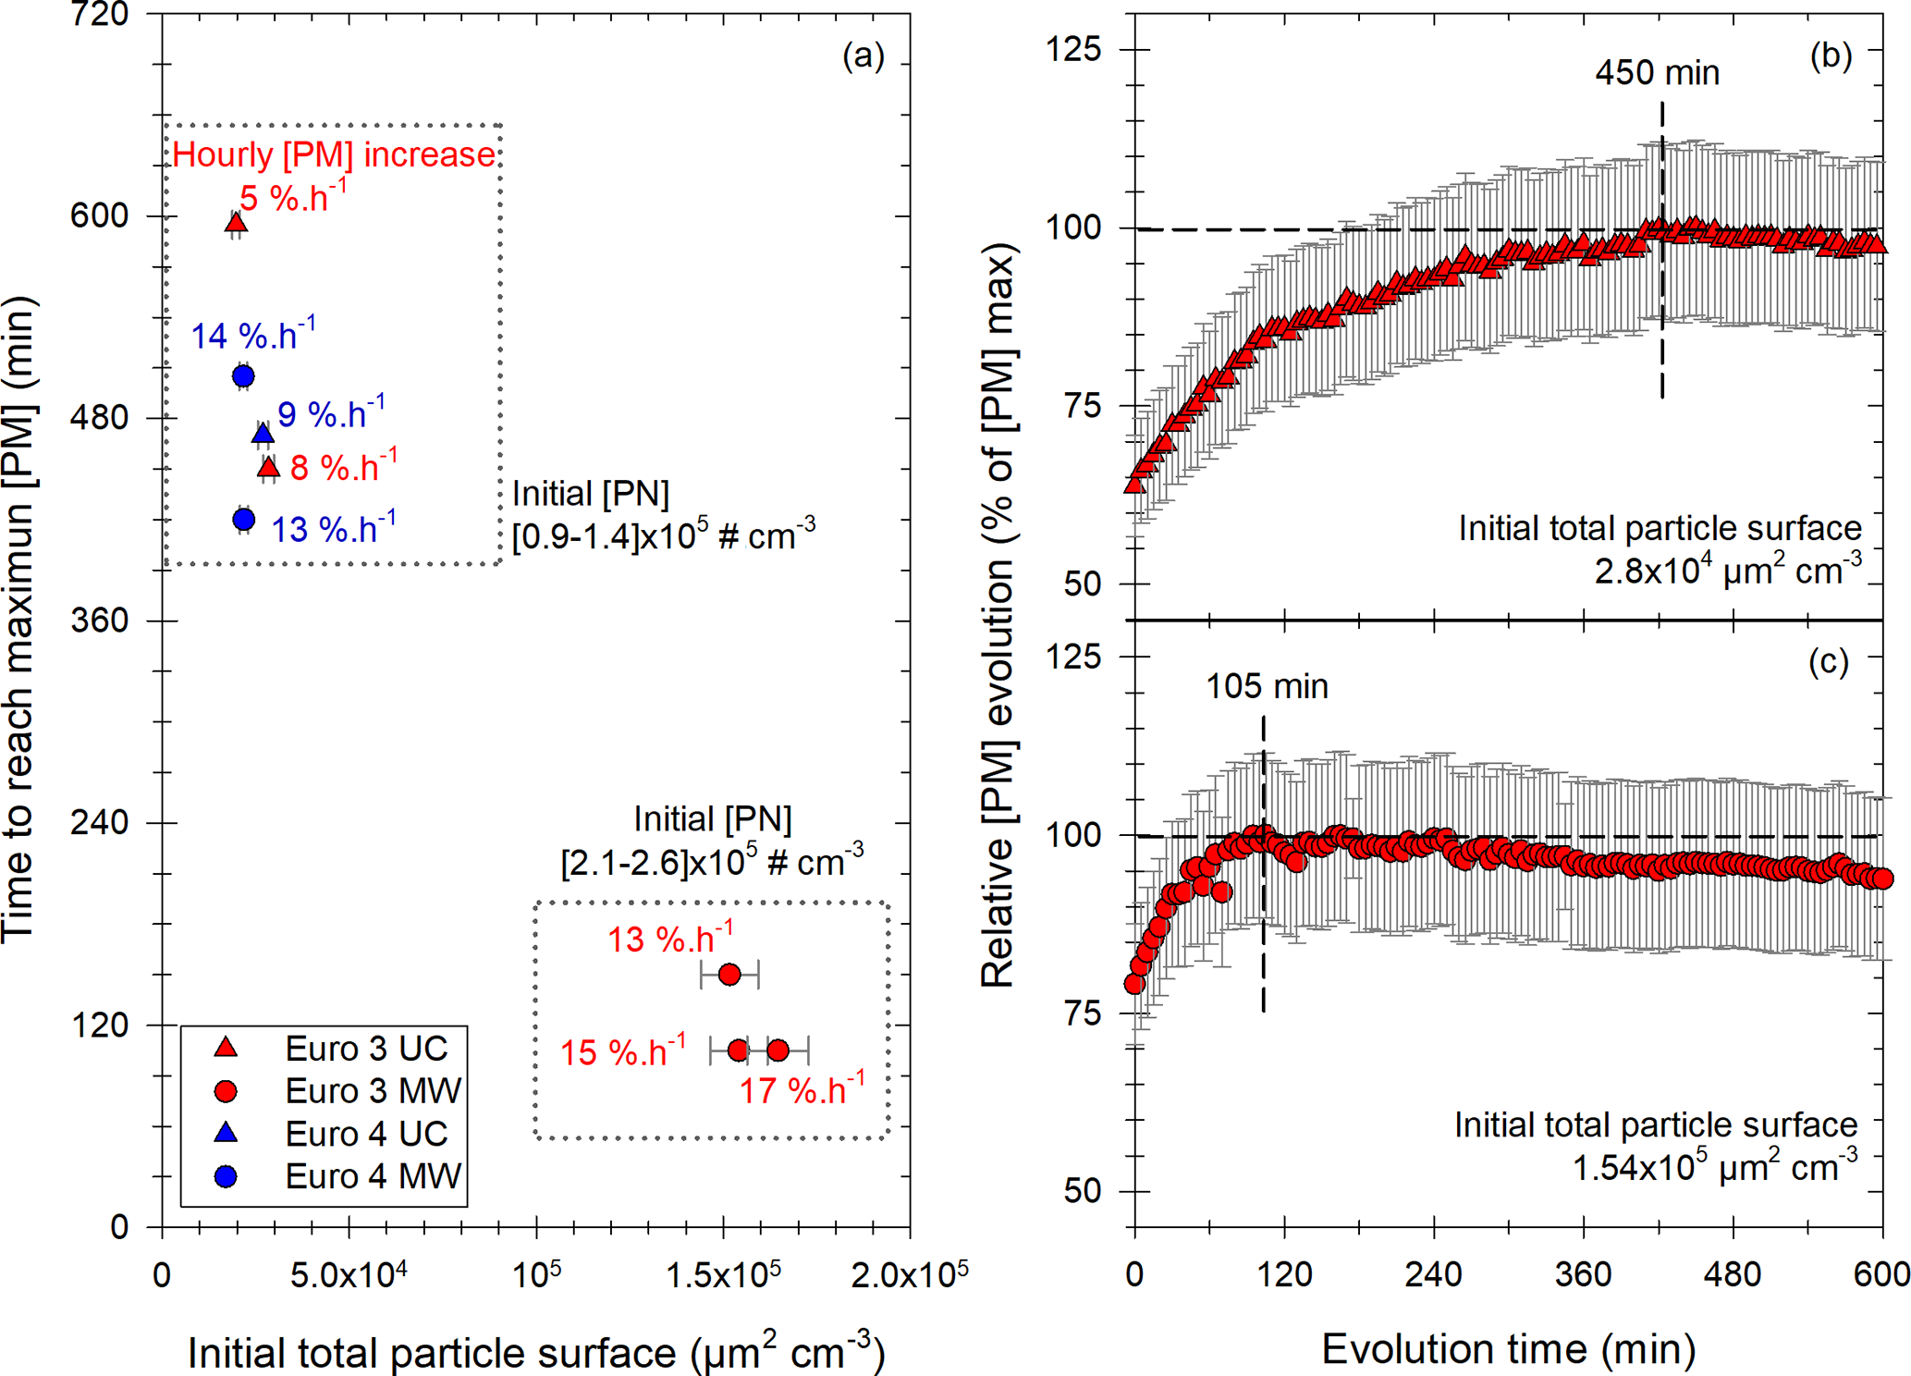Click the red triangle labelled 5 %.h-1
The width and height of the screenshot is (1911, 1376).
coord(236,223)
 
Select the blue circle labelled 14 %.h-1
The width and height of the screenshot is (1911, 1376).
coord(243,376)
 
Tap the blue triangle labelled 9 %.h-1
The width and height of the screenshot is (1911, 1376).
coord(263,434)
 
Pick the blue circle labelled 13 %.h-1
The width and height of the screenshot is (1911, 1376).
coord(243,520)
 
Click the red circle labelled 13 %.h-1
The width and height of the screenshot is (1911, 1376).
coord(729,974)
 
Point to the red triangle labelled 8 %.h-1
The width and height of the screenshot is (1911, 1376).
coord(268,468)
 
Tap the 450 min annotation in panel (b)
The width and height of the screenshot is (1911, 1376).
coord(1657,73)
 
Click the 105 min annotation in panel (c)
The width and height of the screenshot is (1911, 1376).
coord(1267,686)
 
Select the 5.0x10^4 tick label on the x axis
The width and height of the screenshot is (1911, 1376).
coord(349,1275)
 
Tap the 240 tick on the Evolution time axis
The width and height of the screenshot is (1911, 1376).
coord(1433,1275)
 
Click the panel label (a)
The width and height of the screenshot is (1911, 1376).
coord(863,56)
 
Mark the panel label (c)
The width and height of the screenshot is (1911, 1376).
coord(1828,662)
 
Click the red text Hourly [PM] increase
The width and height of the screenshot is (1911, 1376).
coord(334,154)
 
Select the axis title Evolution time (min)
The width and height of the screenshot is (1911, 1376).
coord(1508,1349)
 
